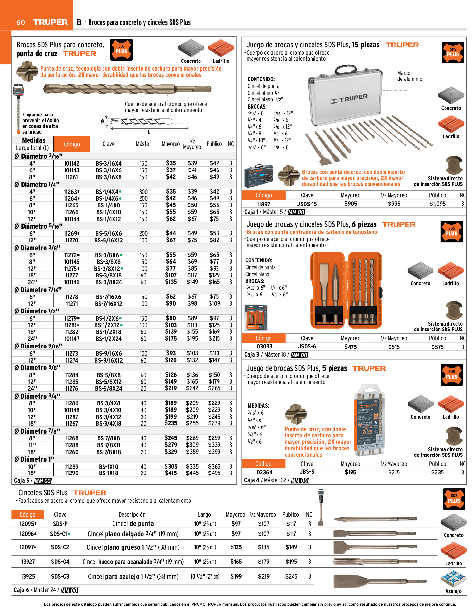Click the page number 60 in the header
coord(21,22)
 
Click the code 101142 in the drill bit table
coord(71,163)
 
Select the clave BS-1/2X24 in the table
coord(108,339)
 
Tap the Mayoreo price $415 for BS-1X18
coord(171,473)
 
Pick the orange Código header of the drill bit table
coord(72,144)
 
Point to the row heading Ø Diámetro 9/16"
coord(38,346)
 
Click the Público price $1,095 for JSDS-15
coord(437,204)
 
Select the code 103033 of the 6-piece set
coord(263,347)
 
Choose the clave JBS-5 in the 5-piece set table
coord(307,472)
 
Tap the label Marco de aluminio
coord(409,76)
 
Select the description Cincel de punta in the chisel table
coord(133,524)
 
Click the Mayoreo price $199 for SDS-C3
coord(236,577)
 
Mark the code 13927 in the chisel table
coord(28,562)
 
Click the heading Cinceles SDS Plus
coord(43,493)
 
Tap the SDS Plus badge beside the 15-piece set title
coord(453,52)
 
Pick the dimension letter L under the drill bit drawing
coord(149,132)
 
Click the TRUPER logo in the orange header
coord(50,22)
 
